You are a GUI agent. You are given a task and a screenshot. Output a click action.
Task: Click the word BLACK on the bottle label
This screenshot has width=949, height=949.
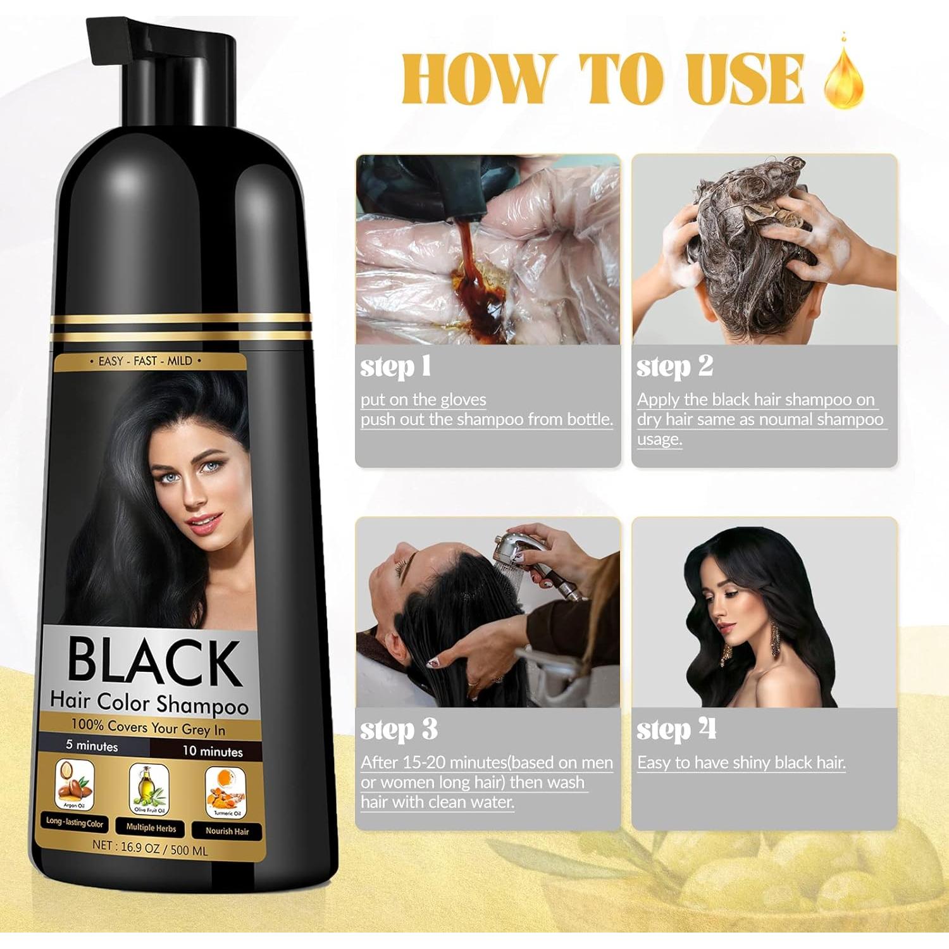pyautogui.click(x=154, y=662)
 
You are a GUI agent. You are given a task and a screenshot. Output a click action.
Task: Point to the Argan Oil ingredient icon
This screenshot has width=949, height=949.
pyautogui.click(x=75, y=785)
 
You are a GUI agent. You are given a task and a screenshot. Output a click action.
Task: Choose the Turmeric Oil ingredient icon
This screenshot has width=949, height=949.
pyautogui.click(x=226, y=791)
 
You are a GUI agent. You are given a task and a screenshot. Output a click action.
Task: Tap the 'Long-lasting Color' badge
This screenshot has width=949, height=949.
pyautogui.click(x=75, y=823)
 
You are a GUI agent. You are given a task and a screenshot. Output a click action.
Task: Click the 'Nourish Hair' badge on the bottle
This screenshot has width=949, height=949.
pyautogui.click(x=227, y=831)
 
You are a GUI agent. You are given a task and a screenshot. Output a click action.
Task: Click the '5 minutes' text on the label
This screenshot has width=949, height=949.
pyautogui.click(x=92, y=745)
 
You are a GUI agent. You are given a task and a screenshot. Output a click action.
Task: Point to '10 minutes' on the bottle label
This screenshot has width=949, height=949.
pyautogui.click(x=213, y=751)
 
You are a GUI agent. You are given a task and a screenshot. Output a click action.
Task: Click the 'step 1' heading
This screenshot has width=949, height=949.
pyautogui.click(x=396, y=367)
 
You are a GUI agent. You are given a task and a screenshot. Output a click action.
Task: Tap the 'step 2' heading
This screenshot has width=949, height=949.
pyautogui.click(x=674, y=367)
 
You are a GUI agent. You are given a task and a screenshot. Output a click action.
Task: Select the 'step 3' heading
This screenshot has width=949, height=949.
pyautogui.click(x=399, y=729)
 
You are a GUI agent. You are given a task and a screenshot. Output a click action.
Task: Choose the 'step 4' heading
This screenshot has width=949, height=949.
pyautogui.click(x=676, y=729)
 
